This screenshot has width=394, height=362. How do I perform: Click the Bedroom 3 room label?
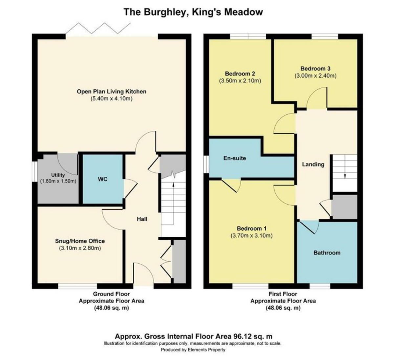point(315,69)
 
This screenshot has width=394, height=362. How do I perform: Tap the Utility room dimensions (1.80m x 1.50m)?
point(58,181)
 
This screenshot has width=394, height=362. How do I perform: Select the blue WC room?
point(102,179)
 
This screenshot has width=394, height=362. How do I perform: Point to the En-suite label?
point(234,158)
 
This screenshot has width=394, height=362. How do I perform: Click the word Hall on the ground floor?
point(142,219)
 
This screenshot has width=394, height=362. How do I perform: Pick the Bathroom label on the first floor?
point(327,253)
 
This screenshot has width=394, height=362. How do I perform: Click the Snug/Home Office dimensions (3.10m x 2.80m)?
point(80,248)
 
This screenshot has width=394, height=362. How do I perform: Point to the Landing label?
point(313,164)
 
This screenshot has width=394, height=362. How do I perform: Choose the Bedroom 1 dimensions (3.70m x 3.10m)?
point(252,235)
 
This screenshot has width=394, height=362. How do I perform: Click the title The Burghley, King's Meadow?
point(193,12)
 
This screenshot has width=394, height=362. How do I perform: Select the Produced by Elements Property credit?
point(193,350)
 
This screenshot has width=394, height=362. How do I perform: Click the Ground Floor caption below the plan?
point(111,294)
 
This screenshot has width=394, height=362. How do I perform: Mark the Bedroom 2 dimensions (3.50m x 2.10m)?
point(240,80)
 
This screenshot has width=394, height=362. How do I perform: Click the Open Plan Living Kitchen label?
point(111,92)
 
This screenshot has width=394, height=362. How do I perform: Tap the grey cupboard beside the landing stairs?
point(344,206)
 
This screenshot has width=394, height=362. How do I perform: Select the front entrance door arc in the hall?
point(143,272)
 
